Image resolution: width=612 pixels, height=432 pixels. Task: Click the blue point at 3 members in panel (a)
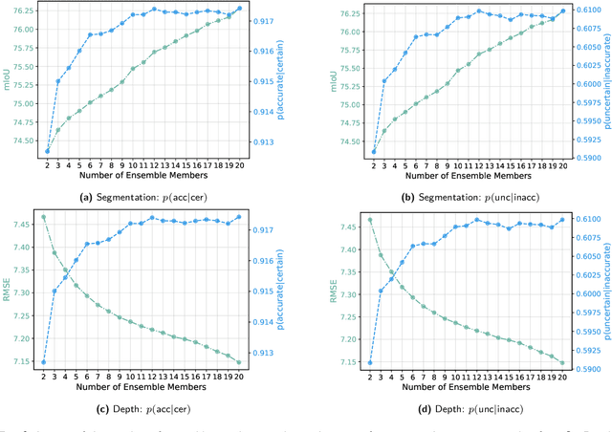point(58,81)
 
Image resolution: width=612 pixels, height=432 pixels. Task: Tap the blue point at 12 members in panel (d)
point(478,219)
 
